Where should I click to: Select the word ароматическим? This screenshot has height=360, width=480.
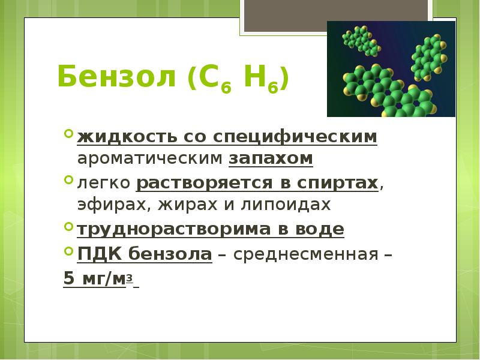pyautogui.click(x=150, y=159)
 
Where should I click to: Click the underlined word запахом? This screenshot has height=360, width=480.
pyautogui.click(x=271, y=159)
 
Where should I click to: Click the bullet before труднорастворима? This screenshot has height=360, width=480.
pyautogui.click(x=69, y=227)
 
